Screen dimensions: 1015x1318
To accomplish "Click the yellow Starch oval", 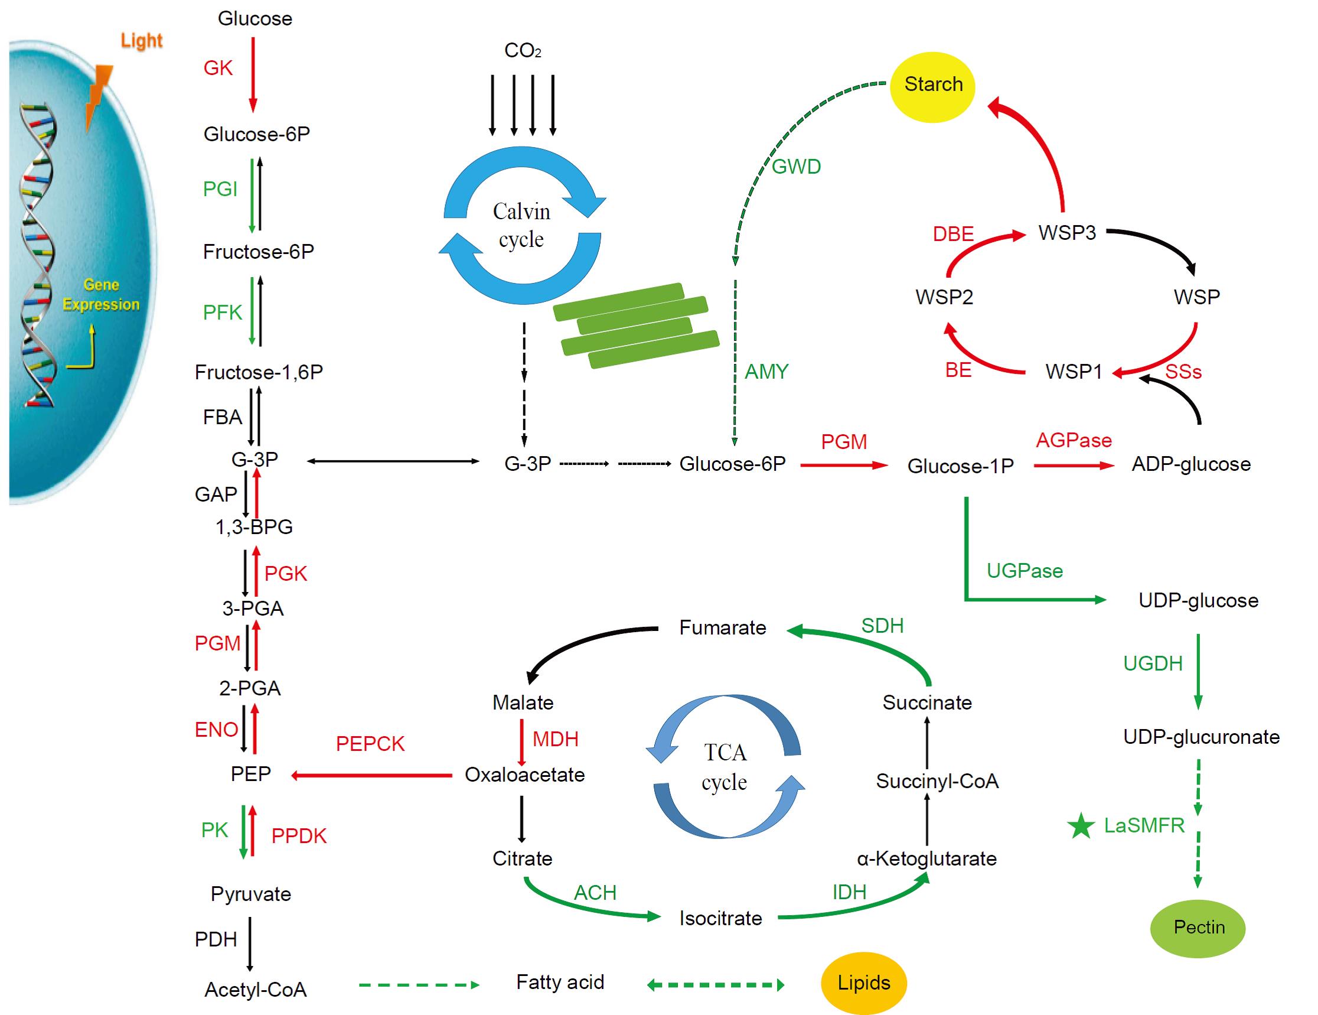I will point(932,86).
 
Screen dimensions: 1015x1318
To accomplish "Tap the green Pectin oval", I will point(1198,928).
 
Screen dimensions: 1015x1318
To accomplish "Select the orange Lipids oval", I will point(863,983).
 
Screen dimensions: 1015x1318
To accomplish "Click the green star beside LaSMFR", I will point(1081,827).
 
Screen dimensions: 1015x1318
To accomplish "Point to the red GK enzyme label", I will point(218,68).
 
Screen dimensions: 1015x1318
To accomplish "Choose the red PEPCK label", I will point(370,744).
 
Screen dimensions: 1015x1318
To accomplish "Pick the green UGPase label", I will point(1025,571).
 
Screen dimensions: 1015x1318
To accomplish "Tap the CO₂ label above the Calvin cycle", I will point(523,51).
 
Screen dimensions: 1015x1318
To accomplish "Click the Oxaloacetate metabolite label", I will point(524,775).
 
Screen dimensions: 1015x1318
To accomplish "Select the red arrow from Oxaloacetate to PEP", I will point(371,776).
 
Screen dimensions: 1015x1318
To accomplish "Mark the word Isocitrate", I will point(720,918).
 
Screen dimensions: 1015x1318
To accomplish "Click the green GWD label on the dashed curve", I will point(797,167).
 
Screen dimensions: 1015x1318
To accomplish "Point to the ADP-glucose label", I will point(1191,464).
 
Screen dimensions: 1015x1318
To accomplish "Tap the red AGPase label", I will point(1074,441).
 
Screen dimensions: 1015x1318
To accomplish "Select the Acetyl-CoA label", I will point(255,990).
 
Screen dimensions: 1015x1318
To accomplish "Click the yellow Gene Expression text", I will point(101,295).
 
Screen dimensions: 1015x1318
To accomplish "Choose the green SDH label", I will point(882,626).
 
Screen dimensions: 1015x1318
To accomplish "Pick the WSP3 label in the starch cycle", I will point(1067,233).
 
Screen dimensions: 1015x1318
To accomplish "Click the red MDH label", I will point(555,739).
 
